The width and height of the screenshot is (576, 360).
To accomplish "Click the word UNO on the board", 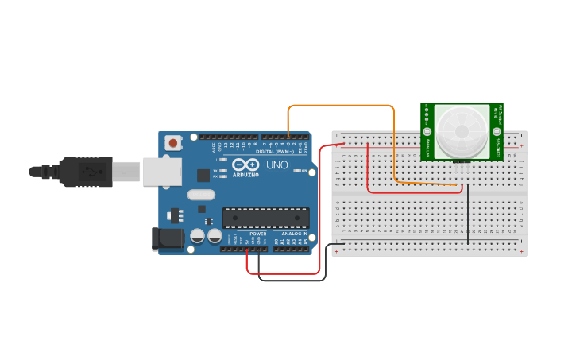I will [x=276, y=165].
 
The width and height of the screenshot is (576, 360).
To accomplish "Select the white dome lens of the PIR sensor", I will [x=462, y=130].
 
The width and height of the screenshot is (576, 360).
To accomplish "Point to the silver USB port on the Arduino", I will [x=163, y=172].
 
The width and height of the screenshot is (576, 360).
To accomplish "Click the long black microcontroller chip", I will [x=265, y=217].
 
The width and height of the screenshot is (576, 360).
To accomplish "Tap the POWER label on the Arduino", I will [x=258, y=234].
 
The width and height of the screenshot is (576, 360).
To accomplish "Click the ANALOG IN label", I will [x=291, y=234].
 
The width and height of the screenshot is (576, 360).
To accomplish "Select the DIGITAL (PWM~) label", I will [x=275, y=151].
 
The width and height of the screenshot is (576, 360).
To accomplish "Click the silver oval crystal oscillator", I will [x=201, y=195].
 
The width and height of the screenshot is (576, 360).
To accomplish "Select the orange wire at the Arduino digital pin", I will [x=288, y=135].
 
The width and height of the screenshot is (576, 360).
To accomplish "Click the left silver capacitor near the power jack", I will [x=198, y=236].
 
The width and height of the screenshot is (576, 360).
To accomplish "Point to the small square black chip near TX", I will [x=203, y=175].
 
